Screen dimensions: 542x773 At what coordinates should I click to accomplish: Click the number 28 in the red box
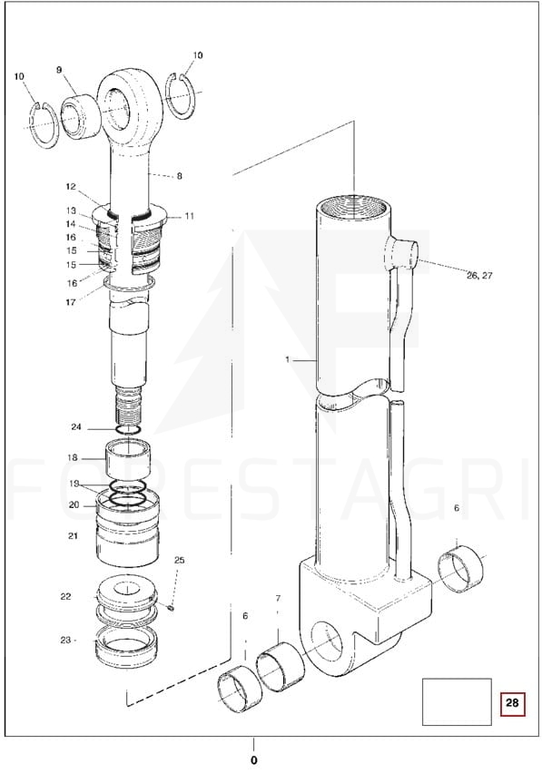512,701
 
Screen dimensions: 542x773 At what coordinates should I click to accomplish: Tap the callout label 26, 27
479,276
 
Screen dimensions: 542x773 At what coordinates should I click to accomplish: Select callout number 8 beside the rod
180,175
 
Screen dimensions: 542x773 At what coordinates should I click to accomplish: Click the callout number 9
59,70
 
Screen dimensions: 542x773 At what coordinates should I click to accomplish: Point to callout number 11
190,216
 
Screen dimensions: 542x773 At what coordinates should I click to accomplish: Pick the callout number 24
76,427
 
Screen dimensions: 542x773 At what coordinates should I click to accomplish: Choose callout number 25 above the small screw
180,560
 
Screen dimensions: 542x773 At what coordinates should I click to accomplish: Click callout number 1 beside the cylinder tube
288,359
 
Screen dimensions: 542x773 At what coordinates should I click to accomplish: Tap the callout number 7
278,599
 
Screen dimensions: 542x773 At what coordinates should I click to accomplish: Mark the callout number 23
65,640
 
